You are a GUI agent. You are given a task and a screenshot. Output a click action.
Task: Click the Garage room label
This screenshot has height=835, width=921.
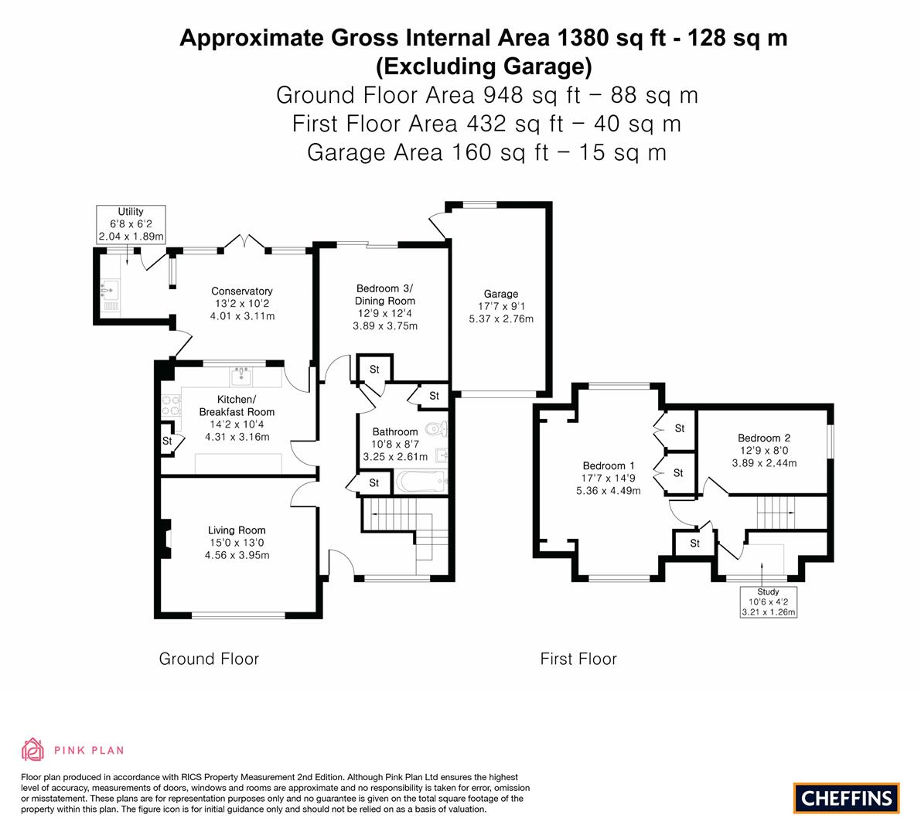(x=500, y=294)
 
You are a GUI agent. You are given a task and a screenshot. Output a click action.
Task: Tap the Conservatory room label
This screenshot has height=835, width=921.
(x=242, y=291)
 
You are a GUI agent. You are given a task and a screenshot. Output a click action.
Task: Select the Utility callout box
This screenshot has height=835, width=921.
(x=131, y=224)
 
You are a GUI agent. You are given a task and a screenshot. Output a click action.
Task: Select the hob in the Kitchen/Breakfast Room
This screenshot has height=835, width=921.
(x=170, y=405)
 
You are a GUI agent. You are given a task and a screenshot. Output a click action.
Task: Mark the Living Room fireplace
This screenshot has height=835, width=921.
(x=164, y=538)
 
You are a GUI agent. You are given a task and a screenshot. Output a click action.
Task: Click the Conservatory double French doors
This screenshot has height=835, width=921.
(x=245, y=243)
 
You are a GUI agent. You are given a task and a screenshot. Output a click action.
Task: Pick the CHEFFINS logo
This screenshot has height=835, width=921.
(x=846, y=798)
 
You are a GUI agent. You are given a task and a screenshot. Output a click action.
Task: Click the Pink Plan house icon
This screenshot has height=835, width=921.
(x=33, y=749)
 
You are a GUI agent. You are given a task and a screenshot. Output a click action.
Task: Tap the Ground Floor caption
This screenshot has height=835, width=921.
(x=209, y=659)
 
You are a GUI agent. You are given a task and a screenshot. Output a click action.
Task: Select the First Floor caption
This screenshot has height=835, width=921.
(x=578, y=659)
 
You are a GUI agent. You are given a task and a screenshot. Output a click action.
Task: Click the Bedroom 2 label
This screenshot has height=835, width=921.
(x=763, y=438)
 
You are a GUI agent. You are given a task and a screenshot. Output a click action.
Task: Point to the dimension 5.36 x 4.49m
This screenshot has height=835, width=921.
(x=609, y=490)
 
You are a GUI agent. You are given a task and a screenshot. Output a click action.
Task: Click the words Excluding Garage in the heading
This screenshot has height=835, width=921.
(x=483, y=66)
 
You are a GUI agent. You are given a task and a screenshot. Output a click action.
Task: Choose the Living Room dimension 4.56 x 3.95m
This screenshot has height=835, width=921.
(x=237, y=555)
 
